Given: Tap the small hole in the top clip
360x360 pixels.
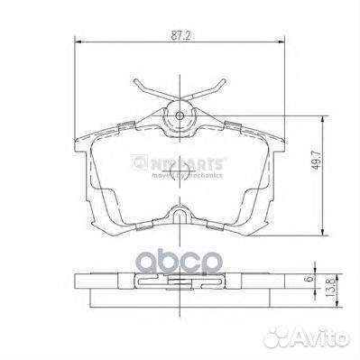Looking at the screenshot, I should tap(180, 115).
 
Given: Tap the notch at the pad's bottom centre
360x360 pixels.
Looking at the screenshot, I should tap(179, 215).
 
